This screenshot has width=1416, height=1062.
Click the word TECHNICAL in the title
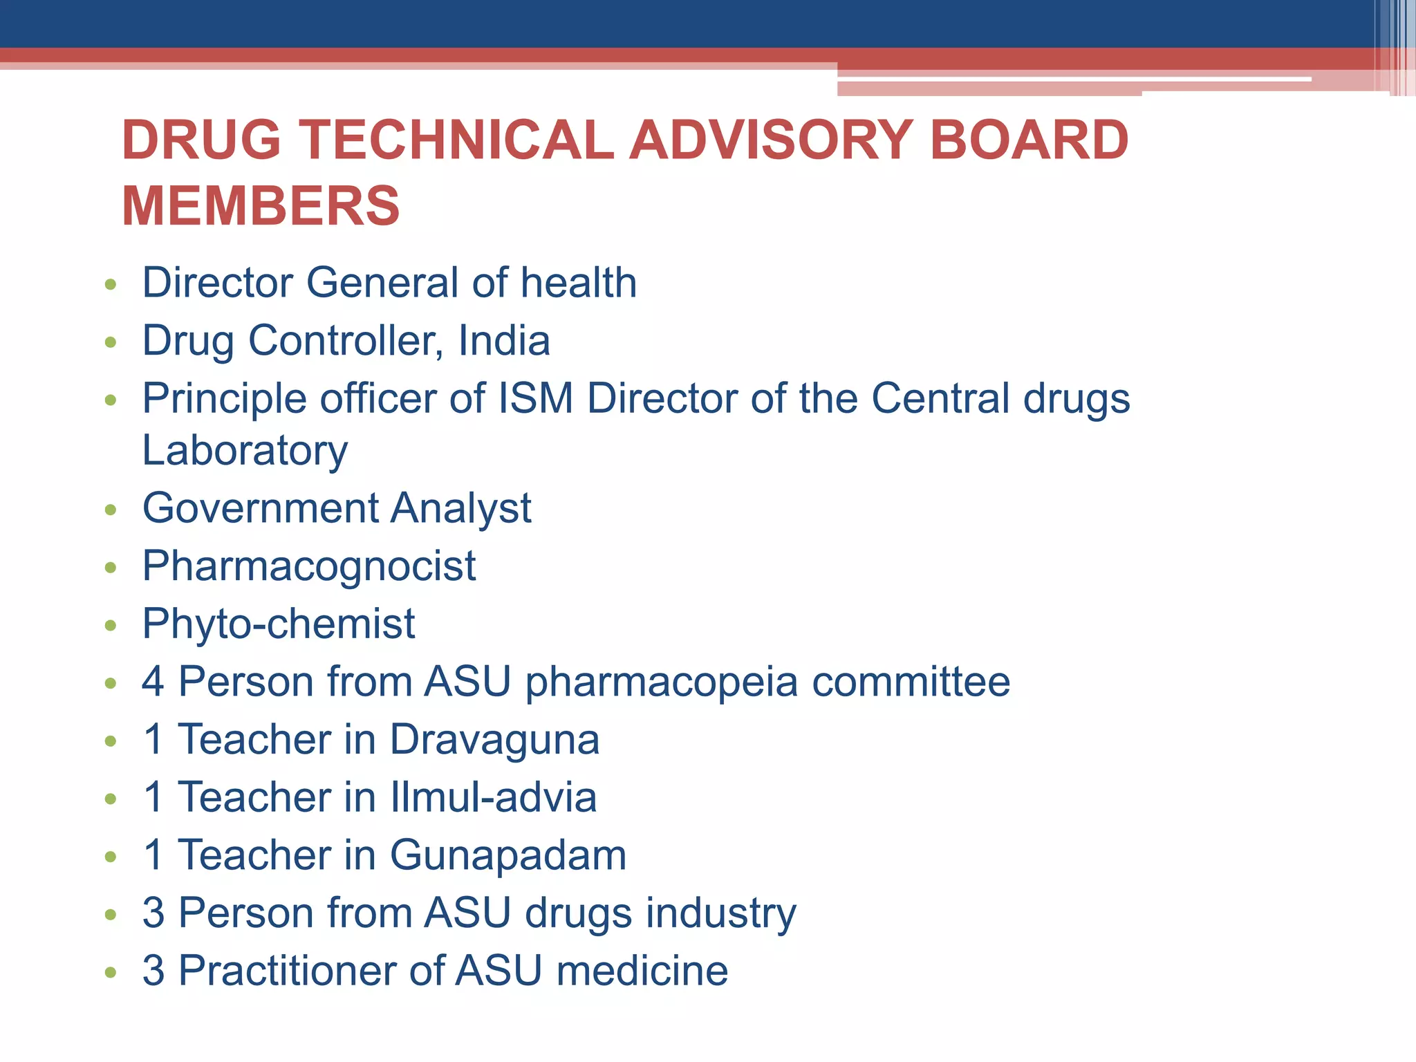coord(456,140)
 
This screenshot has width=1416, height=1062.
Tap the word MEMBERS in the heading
coord(261,206)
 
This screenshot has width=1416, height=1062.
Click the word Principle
coord(224,399)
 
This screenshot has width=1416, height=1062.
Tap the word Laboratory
coord(245,451)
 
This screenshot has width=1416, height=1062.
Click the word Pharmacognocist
coord(309,566)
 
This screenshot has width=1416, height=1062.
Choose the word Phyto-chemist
coord(279,624)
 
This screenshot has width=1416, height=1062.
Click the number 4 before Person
coord(153,682)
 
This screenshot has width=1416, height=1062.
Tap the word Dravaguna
coord(494,740)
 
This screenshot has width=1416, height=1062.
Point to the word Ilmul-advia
coord(493,797)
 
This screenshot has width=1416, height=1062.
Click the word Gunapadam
coord(508,855)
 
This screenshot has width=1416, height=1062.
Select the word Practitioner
coord(287,971)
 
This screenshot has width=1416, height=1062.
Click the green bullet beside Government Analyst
coord(111,510)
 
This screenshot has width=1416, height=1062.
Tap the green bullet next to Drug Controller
coord(111,342)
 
